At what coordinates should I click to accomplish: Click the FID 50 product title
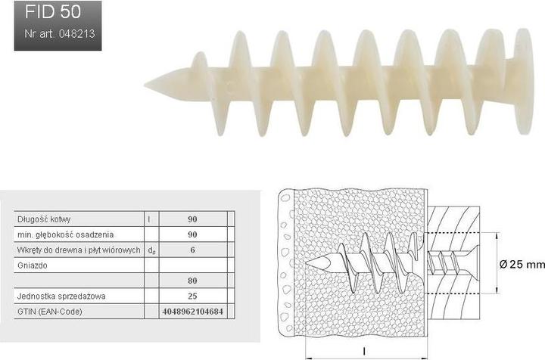coord(53,12)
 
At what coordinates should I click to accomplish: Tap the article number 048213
coord(76,34)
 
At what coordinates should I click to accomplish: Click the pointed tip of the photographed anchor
coord(145,84)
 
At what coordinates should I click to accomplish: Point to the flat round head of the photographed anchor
coord(524,81)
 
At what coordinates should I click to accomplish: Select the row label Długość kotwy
coord(44,219)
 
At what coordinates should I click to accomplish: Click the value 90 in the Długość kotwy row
coord(192,219)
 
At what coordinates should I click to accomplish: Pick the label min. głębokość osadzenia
coord(65,234)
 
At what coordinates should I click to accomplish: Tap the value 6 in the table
coord(192,250)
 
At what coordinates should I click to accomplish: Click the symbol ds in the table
coord(151,250)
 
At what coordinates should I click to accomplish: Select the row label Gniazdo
coord(33,265)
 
